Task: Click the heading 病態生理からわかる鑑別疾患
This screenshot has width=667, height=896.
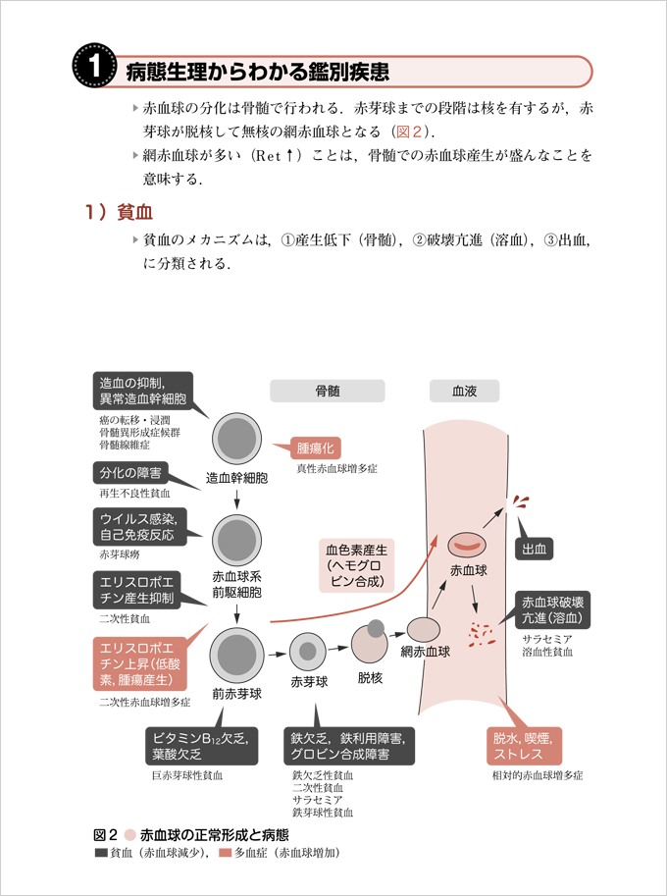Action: pyautogui.click(x=257, y=72)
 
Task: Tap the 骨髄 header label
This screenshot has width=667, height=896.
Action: pyautogui.click(x=327, y=391)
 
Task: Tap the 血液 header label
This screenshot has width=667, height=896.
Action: pyautogui.click(x=464, y=391)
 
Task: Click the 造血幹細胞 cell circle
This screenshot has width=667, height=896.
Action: pyautogui.click(x=236, y=439)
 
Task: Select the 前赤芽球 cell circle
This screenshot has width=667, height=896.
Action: pyautogui.click(x=236, y=655)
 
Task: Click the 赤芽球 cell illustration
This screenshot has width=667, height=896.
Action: pyautogui.click(x=308, y=650)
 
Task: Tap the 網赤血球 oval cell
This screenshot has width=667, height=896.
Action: pyautogui.click(x=424, y=629)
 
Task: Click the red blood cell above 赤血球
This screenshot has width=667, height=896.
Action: pyautogui.click(x=468, y=543)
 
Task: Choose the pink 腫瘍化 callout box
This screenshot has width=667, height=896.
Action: pyautogui.click(x=315, y=448)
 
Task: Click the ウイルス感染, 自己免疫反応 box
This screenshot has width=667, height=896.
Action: pyautogui.click(x=137, y=526)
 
